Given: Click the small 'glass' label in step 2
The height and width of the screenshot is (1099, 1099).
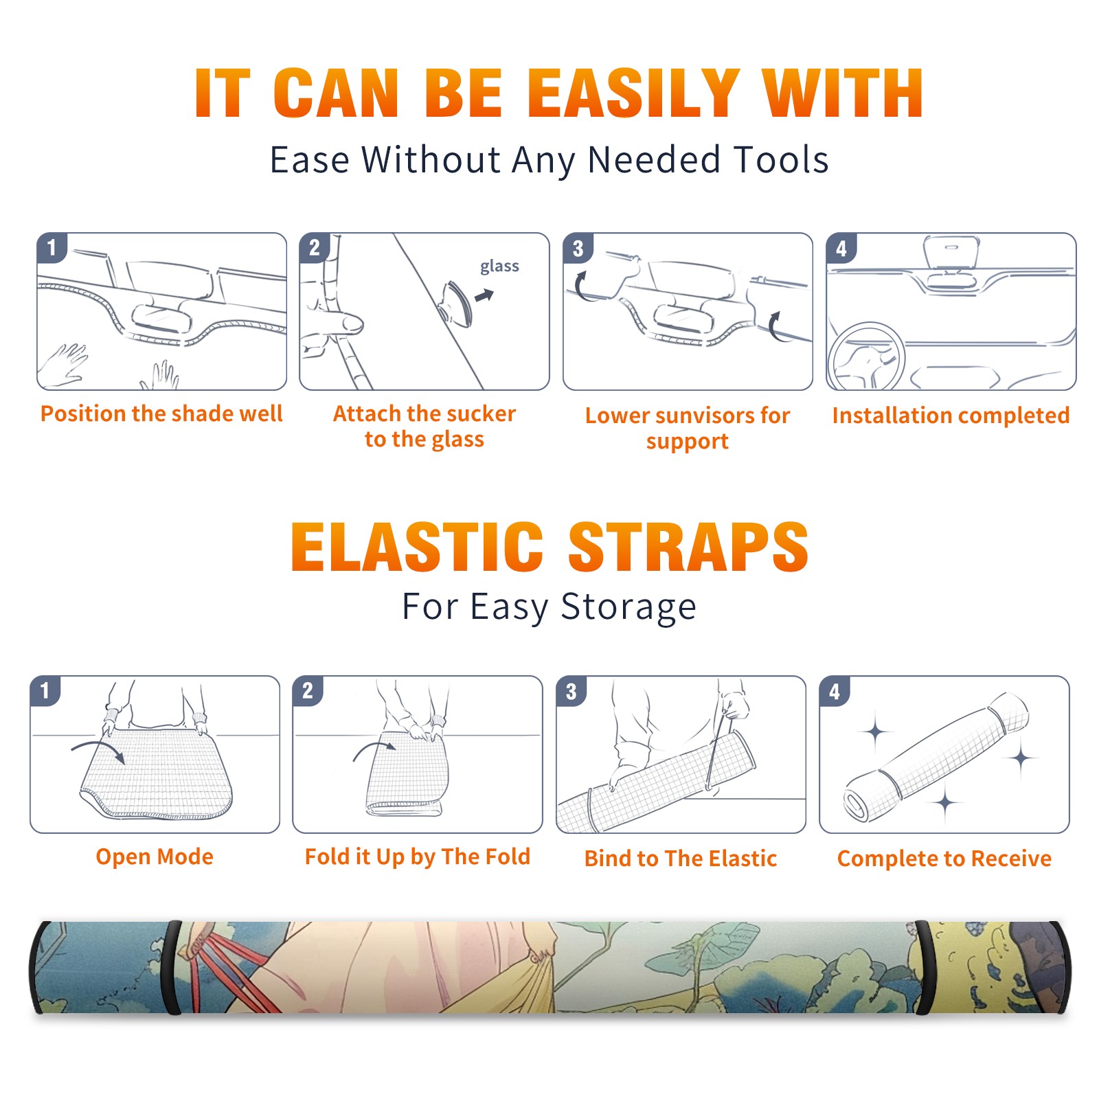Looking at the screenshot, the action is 499,267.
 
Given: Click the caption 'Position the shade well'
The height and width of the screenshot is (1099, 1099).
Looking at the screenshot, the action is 161,413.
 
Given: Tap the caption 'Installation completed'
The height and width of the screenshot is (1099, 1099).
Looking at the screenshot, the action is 951,416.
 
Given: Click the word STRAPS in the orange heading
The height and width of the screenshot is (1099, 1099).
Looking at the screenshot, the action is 688,547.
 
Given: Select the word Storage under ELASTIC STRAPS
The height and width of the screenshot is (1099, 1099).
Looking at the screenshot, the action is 628,607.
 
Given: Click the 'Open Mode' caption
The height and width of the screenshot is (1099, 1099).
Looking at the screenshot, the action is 155,857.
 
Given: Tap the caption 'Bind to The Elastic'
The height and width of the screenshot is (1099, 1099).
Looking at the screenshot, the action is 680,859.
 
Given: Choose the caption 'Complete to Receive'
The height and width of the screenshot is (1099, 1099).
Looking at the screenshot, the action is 944,859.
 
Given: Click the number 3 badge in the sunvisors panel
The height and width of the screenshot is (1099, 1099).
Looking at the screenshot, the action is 578,248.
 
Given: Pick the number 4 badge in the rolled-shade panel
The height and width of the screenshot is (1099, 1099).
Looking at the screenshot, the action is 835,691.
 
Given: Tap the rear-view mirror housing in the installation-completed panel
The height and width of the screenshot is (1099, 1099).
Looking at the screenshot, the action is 951,252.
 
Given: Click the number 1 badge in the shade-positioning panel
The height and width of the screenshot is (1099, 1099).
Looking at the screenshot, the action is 52,247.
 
